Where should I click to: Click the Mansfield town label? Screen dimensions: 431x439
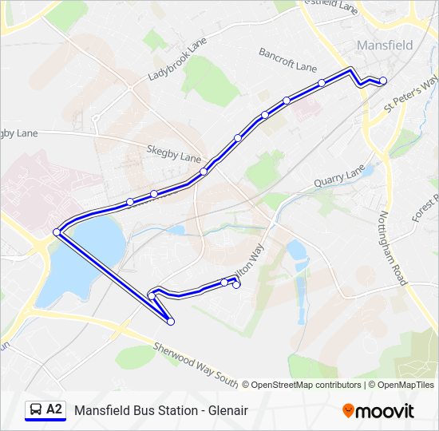385,45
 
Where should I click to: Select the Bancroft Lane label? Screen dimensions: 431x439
287,60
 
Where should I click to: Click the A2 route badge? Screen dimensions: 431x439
54,410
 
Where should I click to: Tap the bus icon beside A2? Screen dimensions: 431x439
35,410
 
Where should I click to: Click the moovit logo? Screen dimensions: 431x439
378,411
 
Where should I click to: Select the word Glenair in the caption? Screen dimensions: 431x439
227,411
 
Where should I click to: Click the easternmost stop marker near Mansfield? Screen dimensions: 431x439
383,81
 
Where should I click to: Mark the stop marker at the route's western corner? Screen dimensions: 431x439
57,232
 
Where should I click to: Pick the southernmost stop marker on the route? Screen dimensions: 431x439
171,322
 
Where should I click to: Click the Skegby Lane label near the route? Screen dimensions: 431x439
173,153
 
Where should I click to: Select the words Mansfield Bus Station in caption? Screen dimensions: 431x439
134,411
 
